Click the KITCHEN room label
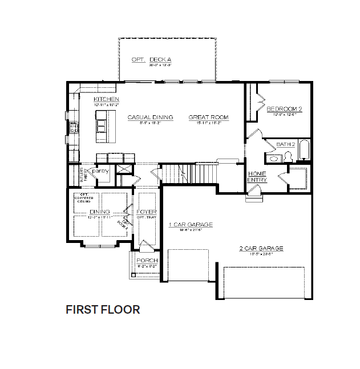click(106, 99)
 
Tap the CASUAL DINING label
click(146, 117)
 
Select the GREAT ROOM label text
click(208, 117)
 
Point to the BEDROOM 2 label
click(284, 108)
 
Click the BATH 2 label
click(286, 144)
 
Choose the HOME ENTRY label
click(257, 177)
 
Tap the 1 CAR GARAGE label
click(190, 225)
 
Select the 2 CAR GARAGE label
click(261, 248)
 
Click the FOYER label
click(146, 212)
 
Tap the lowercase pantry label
click(100, 171)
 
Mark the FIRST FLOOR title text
click(103, 310)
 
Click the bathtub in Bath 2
click(304, 149)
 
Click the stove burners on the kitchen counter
click(73, 127)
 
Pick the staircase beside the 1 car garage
click(191, 172)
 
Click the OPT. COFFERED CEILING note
click(83, 198)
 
